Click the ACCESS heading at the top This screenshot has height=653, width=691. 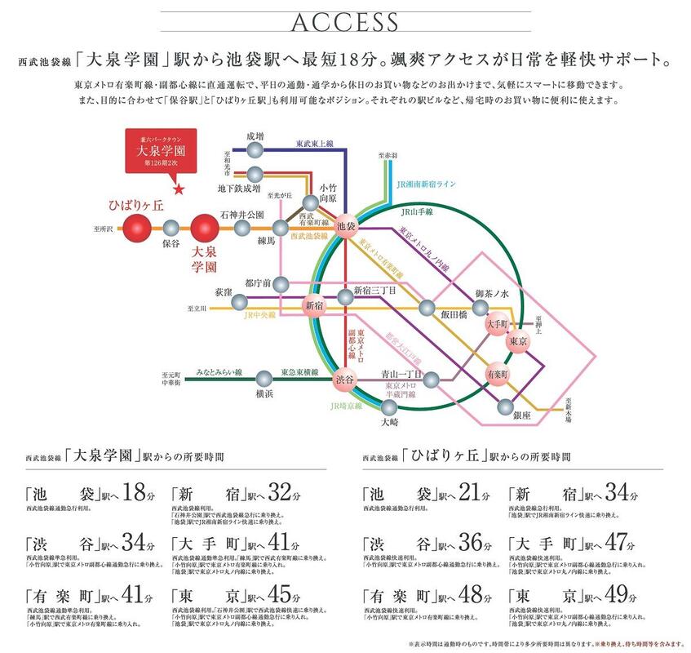[x=345, y=21]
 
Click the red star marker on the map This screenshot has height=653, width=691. [x=180, y=191]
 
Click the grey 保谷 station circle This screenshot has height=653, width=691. [x=171, y=229]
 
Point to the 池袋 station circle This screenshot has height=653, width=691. [x=347, y=228]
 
